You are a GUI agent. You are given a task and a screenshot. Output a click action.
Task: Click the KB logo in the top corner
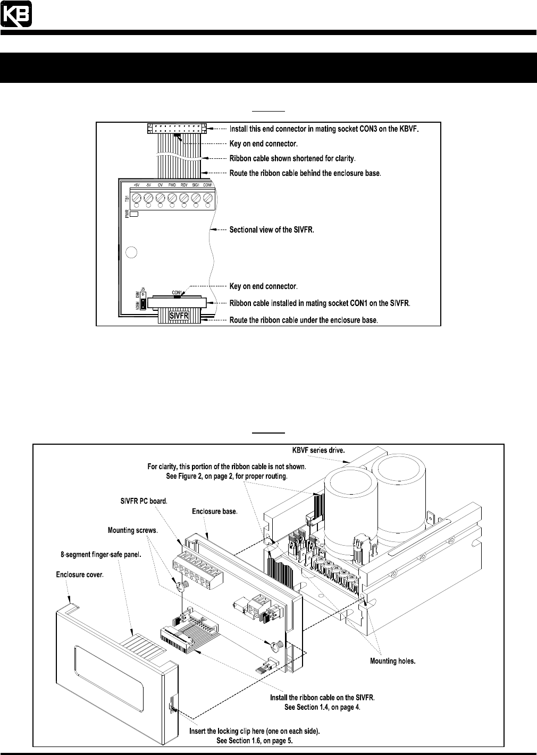(16, 14)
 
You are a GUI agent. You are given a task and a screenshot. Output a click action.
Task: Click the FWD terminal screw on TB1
(172, 197)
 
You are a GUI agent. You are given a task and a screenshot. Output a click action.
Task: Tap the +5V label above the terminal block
(136, 185)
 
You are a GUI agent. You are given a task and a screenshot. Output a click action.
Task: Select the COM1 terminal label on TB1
(208, 185)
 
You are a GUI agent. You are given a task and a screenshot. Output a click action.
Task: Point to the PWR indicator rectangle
(135, 214)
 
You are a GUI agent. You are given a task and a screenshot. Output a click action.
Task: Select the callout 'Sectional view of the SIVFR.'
(272, 230)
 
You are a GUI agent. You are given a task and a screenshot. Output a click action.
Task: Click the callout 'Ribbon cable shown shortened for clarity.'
(292, 158)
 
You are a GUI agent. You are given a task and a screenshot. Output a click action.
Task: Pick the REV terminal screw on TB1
(184, 197)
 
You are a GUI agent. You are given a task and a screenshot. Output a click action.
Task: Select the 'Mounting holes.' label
(392, 661)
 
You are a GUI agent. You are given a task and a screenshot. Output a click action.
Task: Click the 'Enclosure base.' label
(214, 511)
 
